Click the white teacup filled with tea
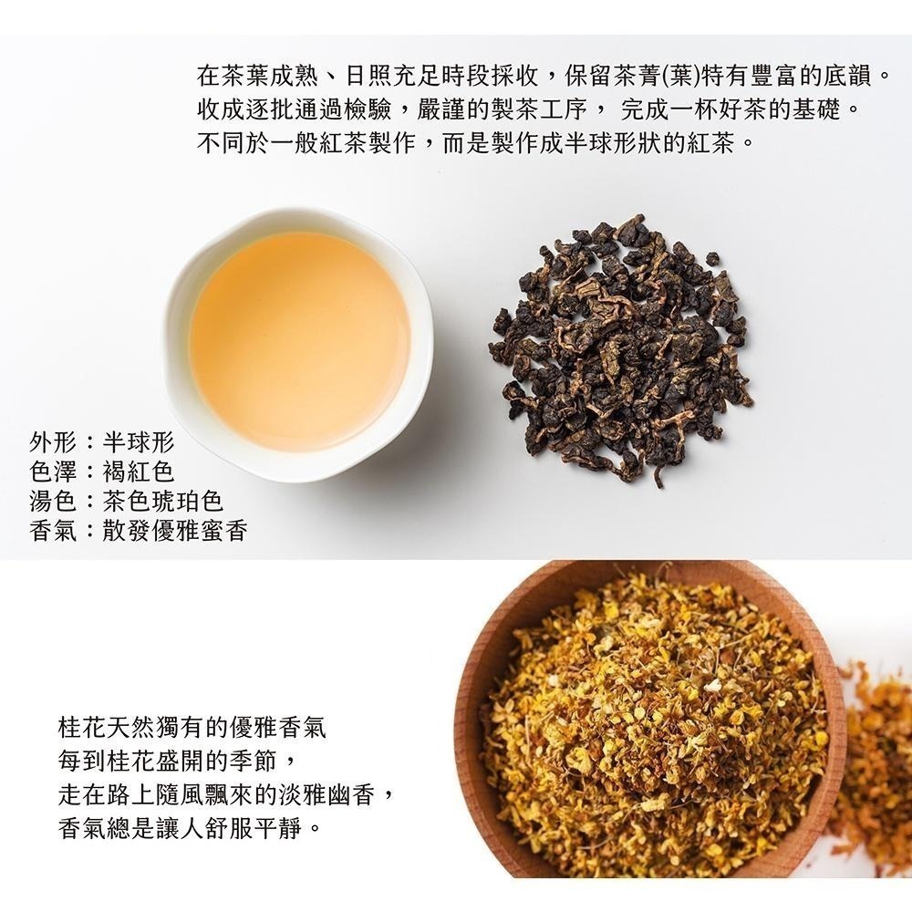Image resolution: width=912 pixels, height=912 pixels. (298, 342)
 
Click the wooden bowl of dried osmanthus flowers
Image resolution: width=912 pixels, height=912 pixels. (652, 720)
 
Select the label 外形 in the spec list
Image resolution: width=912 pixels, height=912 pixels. (53, 444)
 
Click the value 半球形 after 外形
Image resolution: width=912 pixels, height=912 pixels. (138, 444)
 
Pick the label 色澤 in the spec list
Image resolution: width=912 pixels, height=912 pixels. (53, 472)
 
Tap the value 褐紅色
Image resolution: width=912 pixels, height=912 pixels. (138, 472)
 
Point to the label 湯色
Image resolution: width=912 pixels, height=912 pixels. (53, 502)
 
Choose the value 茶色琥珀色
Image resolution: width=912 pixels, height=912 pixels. (162, 502)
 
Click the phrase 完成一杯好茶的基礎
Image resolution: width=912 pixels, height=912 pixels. (739, 109)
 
